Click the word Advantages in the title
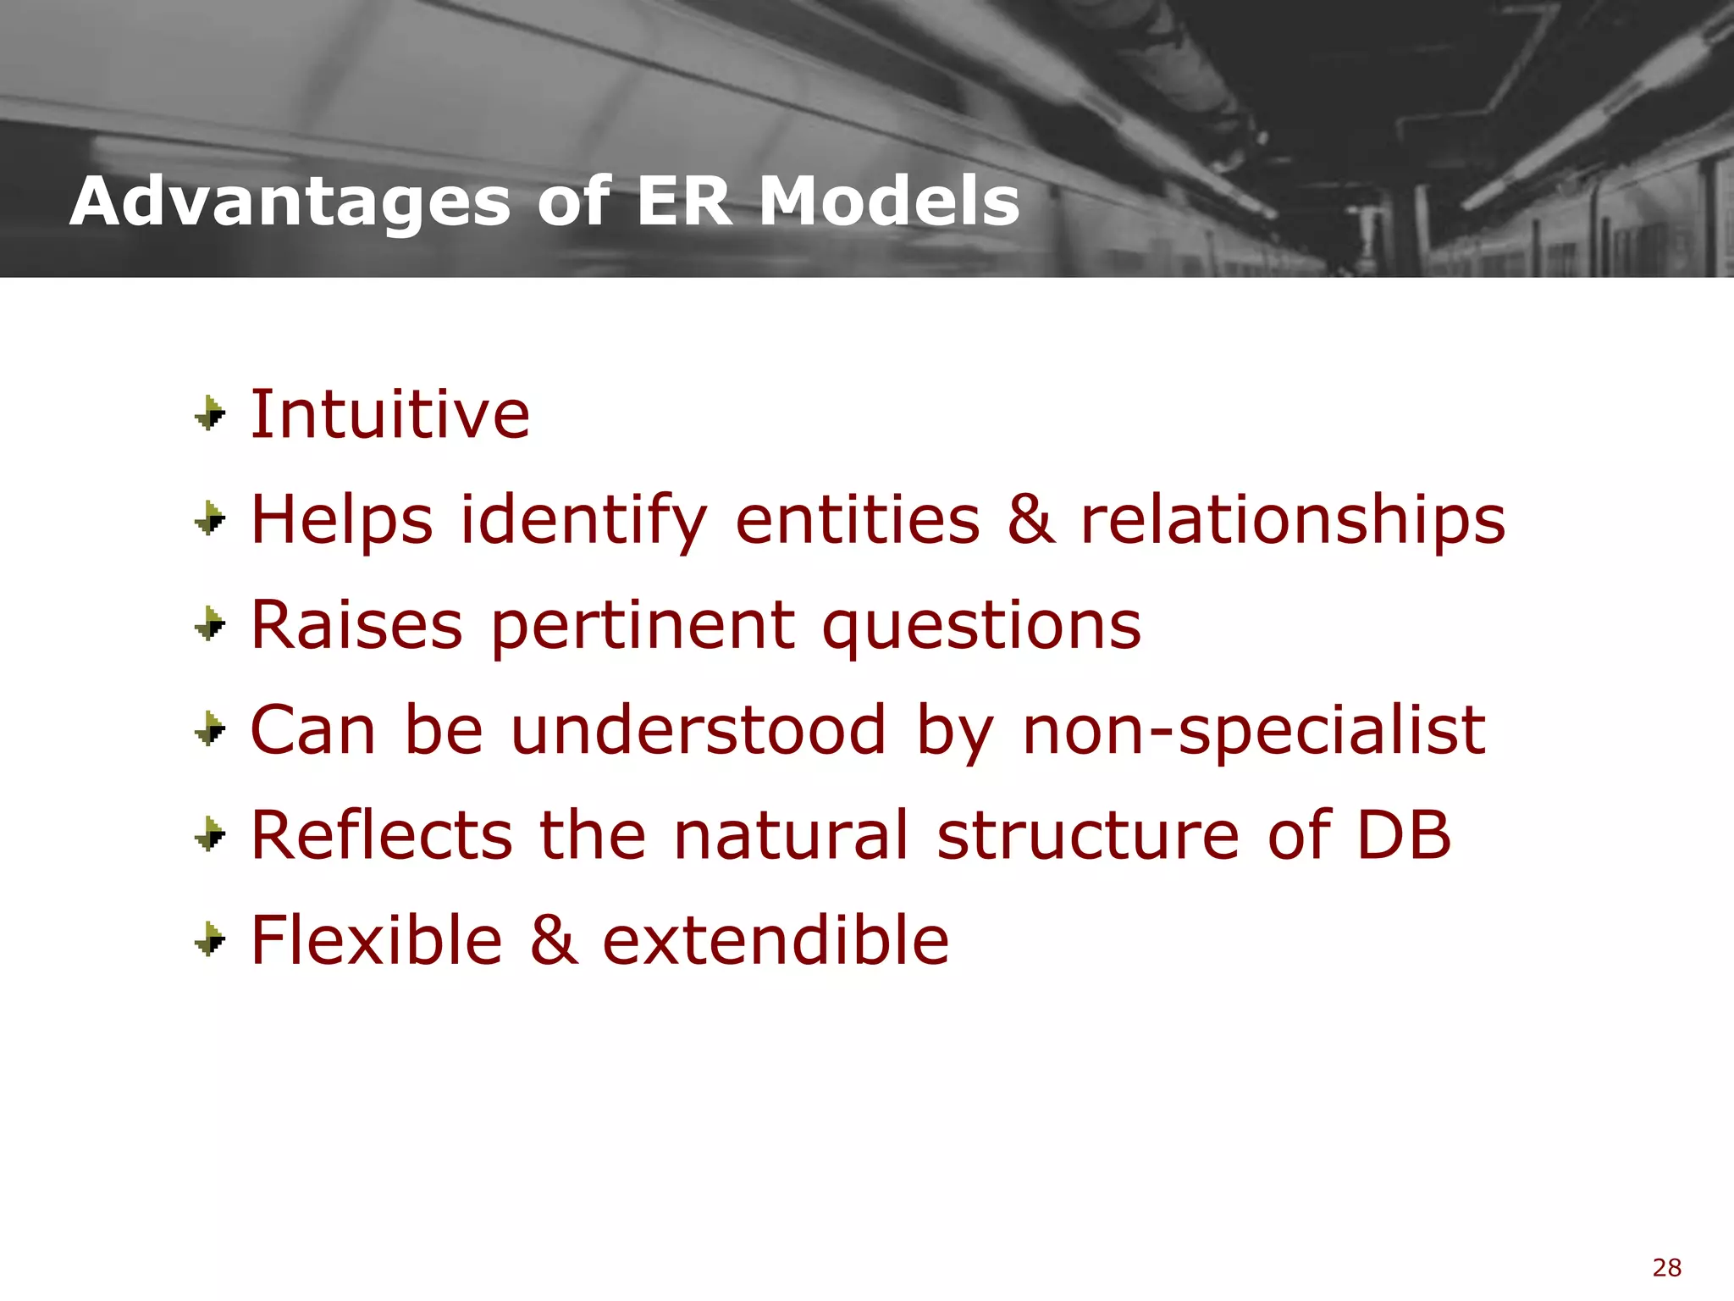290,203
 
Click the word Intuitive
390,414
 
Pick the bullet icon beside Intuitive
210,414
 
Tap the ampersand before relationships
1031,519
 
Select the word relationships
1293,519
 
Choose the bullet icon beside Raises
210,625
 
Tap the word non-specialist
1253,729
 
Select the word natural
792,835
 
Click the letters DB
1404,835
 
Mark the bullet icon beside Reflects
210,835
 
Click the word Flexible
377,940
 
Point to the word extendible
776,940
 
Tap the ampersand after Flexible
554,940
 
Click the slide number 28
1666,1268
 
